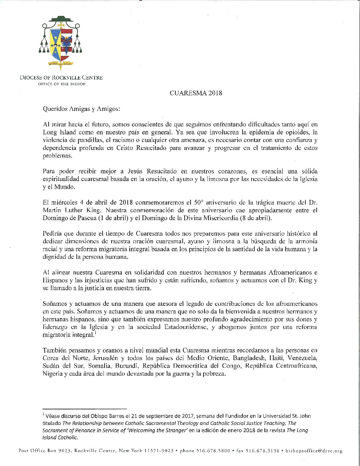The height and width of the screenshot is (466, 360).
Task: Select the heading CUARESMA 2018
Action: [x=196, y=93]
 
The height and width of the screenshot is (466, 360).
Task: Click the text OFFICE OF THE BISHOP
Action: [x=62, y=84]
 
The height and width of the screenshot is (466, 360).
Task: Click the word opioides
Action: [x=298, y=132]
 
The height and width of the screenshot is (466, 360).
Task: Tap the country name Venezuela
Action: [x=302, y=358]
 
